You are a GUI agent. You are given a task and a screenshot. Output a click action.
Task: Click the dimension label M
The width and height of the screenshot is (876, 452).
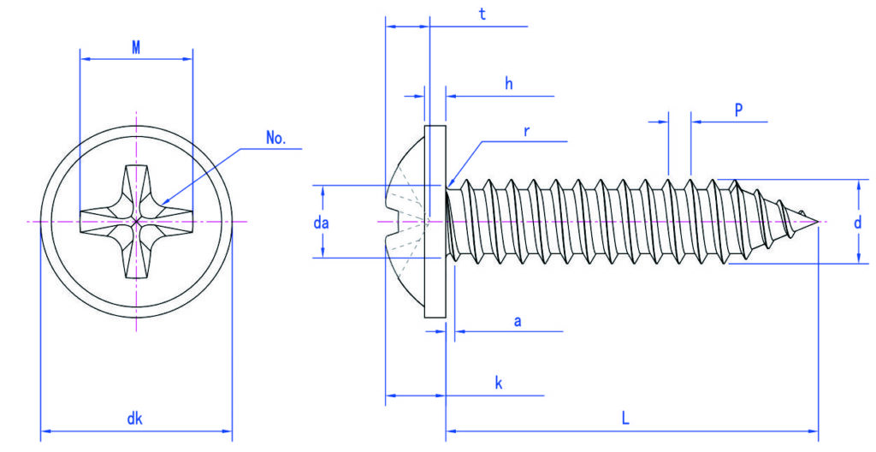tap(136, 48)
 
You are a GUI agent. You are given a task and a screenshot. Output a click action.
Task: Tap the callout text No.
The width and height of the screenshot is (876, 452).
tap(276, 138)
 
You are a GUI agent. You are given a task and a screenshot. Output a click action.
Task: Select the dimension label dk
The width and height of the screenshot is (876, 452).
tap(134, 419)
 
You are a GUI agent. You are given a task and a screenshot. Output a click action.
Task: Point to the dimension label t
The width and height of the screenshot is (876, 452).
tap(482, 15)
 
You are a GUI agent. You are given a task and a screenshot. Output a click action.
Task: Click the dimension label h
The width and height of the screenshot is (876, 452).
tap(509, 84)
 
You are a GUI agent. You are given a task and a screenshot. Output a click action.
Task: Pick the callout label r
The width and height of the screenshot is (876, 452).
tap(526, 132)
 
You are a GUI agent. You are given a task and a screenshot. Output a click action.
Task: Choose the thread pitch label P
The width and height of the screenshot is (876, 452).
tap(738, 110)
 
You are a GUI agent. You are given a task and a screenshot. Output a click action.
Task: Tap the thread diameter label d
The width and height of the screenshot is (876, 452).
tap(857, 223)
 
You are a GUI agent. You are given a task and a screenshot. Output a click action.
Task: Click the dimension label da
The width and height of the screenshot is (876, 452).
tap(322, 223)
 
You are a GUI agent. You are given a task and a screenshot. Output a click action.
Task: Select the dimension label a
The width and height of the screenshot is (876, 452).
tap(518, 321)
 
